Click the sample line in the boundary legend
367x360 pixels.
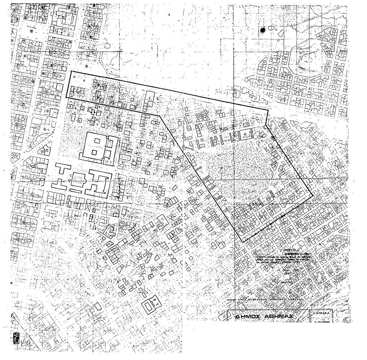tap(233, 298)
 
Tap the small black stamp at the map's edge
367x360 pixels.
tap(15, 337)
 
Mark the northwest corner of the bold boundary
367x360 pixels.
tap(71, 71)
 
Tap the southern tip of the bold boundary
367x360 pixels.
tap(243, 242)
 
